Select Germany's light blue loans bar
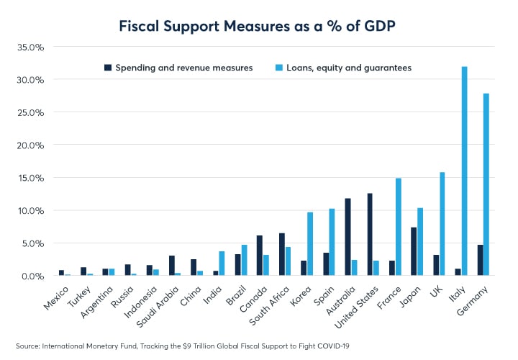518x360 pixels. point(486,184)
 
